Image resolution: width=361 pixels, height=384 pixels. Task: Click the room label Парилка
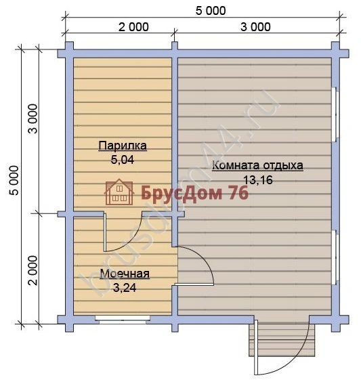pyautogui.click(x=122, y=146)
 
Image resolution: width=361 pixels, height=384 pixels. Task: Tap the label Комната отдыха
pyautogui.click(x=257, y=165)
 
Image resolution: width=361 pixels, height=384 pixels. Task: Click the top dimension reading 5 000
pyautogui.click(x=204, y=11)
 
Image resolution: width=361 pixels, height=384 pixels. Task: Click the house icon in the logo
pyautogui.click(x=119, y=192)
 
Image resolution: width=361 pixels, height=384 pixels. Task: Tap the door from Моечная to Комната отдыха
pyautogui.click(x=196, y=268)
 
